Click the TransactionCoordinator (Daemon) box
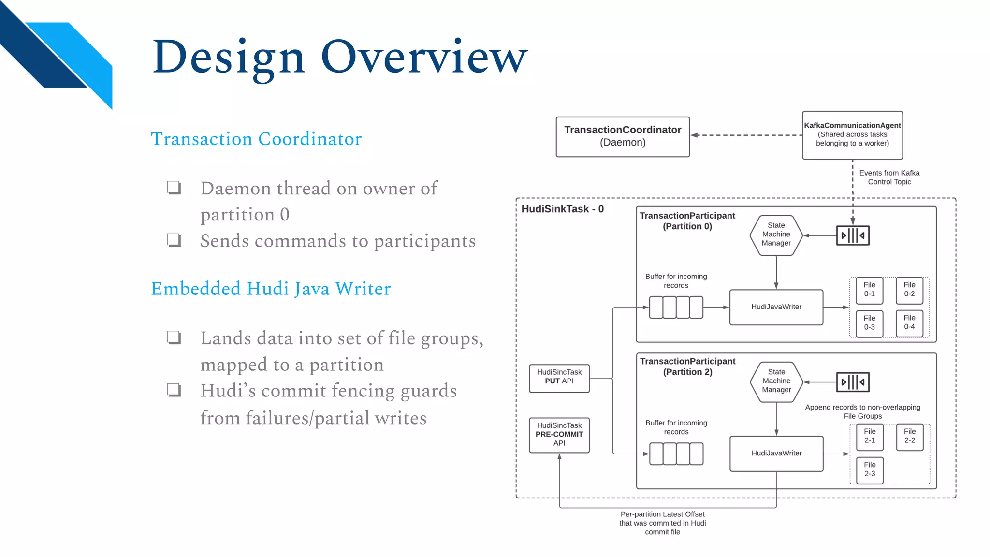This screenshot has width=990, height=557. (x=623, y=136)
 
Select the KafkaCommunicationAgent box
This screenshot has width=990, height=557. (x=852, y=135)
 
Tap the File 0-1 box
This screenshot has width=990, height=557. (x=869, y=290)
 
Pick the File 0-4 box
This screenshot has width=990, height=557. (x=909, y=322)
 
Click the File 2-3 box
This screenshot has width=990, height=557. (x=870, y=469)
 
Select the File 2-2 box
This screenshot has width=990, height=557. (x=910, y=436)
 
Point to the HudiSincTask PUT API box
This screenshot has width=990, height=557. (x=559, y=378)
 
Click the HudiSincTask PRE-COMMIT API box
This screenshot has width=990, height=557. (x=559, y=435)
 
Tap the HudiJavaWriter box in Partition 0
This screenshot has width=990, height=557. (x=776, y=307)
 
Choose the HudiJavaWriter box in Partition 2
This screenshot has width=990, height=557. (x=776, y=454)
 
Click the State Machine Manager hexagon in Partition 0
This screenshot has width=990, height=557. (x=776, y=235)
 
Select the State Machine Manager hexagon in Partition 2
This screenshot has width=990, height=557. (x=776, y=381)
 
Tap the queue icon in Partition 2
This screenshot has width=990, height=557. (x=853, y=382)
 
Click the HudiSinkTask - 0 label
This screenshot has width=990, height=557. (x=562, y=209)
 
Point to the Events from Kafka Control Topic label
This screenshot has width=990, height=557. (x=889, y=177)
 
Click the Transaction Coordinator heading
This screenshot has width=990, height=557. (x=256, y=139)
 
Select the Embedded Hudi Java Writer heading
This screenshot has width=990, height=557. (x=271, y=289)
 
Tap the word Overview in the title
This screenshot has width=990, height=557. (x=424, y=57)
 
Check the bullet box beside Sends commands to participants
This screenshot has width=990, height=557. (x=174, y=240)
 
